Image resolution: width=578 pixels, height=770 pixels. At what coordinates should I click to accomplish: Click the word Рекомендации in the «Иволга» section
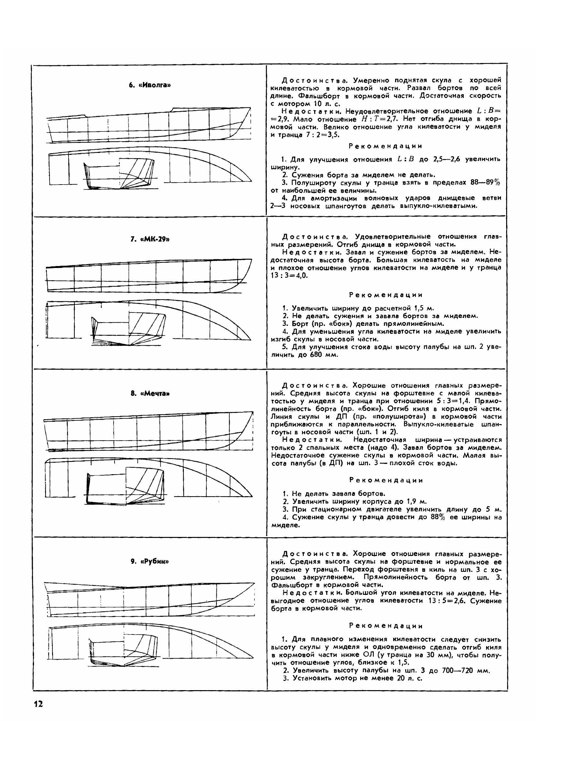click(x=386, y=146)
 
